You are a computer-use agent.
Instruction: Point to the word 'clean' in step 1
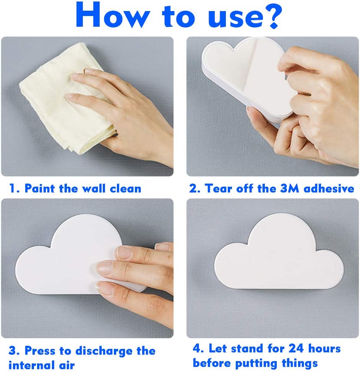click(x=125, y=189)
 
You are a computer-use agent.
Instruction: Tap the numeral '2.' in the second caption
click(x=195, y=189)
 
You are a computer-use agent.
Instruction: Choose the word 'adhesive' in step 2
click(x=329, y=189)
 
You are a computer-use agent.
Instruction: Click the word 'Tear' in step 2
click(x=218, y=189)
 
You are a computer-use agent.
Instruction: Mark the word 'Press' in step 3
click(x=40, y=351)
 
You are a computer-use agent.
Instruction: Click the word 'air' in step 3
click(x=66, y=365)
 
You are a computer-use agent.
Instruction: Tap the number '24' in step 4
click(x=296, y=348)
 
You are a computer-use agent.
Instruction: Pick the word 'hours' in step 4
click(x=324, y=348)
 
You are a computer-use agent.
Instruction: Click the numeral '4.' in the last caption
click(x=198, y=348)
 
